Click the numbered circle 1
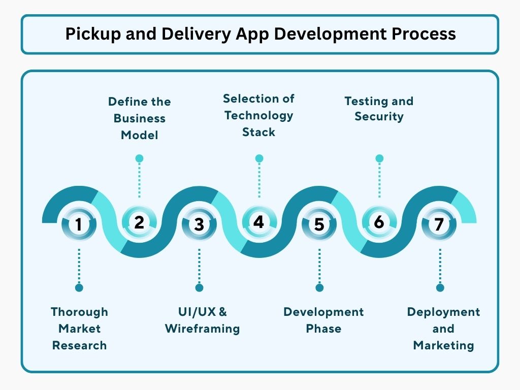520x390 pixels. point(79,224)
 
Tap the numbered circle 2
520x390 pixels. point(139,222)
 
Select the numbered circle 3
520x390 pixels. point(199,224)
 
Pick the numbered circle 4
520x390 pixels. point(259,222)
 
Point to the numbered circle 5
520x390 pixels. point(319,224)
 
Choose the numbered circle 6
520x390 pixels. point(379,222)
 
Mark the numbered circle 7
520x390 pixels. point(439,224)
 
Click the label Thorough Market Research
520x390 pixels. point(79,329)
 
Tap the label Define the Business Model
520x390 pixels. point(140,118)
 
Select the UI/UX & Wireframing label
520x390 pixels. point(202,320)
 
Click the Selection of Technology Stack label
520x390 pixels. point(259,115)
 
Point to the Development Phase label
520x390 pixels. point(323,320)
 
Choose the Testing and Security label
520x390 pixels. point(379,109)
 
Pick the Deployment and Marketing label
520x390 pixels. point(443,329)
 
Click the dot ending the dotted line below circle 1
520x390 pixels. point(79,288)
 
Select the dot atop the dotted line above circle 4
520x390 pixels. point(259,158)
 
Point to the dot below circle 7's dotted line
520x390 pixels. point(440,288)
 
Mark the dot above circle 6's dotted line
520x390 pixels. point(379,158)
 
